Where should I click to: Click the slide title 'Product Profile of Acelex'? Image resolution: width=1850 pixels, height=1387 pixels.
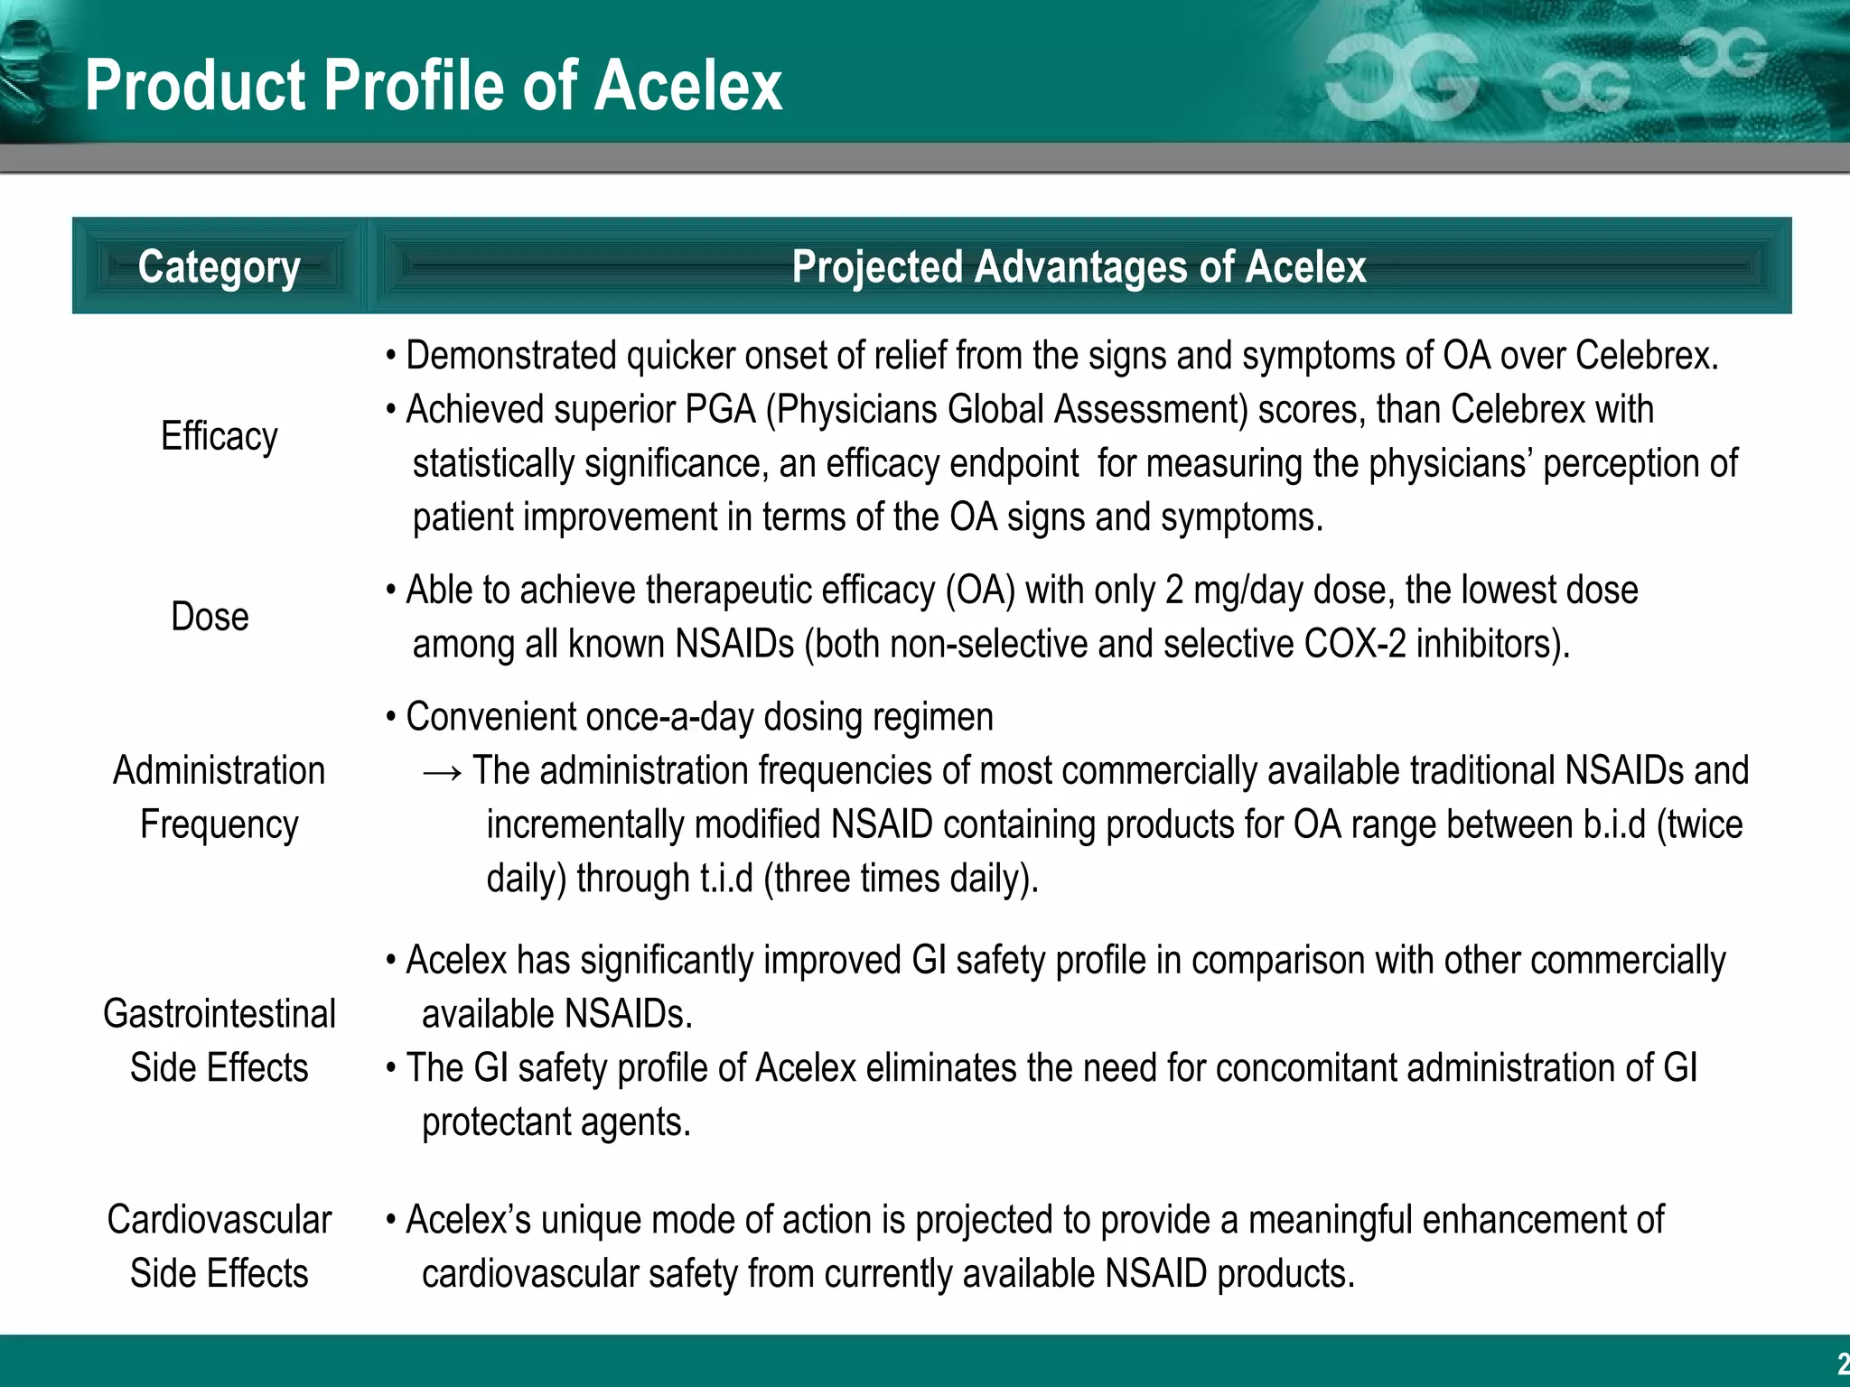pos(434,85)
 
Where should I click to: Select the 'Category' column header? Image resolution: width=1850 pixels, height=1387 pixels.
pos(219,266)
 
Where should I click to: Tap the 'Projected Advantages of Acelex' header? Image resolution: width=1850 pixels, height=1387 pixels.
pos(1079,266)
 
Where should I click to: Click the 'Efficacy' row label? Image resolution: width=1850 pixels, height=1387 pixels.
pos(219,436)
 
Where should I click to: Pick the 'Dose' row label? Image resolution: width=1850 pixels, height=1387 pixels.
pos(210,617)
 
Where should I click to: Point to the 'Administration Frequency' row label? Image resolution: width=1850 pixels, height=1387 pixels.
pos(219,797)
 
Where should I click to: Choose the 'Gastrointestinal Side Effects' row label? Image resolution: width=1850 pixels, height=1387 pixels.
pos(219,1040)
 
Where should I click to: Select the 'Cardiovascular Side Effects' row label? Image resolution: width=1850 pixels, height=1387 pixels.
pos(219,1246)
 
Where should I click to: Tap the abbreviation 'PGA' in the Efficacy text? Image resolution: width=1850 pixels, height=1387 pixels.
pos(720,410)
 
